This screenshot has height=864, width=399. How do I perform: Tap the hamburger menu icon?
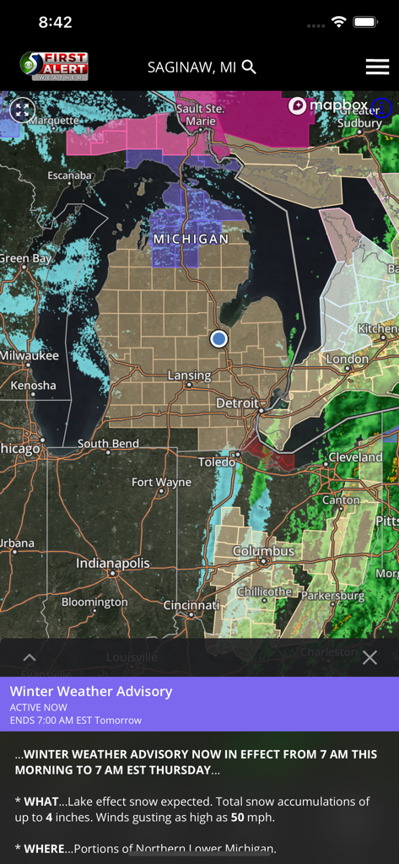[377, 67]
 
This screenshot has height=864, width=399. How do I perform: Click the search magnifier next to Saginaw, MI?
[249, 67]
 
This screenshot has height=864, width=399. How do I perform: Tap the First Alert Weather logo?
[54, 67]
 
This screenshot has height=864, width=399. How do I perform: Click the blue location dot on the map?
[218, 338]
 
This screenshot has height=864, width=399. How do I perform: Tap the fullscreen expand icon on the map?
[22, 109]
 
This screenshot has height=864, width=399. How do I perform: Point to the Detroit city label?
[237, 403]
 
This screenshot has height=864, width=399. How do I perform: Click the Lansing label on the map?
[189, 375]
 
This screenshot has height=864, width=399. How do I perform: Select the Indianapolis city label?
[112, 563]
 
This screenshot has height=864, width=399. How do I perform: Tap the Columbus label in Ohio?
[264, 551]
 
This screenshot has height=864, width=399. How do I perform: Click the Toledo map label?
[217, 462]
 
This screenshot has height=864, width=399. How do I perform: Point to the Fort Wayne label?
[161, 483]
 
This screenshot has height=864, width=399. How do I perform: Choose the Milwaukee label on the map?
[30, 355]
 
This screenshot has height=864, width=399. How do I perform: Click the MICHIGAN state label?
[191, 240]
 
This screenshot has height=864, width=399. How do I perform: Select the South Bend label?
[108, 444]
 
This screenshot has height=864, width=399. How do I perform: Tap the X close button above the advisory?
[369, 657]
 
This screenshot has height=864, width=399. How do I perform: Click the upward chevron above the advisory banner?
[29, 657]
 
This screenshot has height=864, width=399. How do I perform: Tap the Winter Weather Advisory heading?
[91, 691]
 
